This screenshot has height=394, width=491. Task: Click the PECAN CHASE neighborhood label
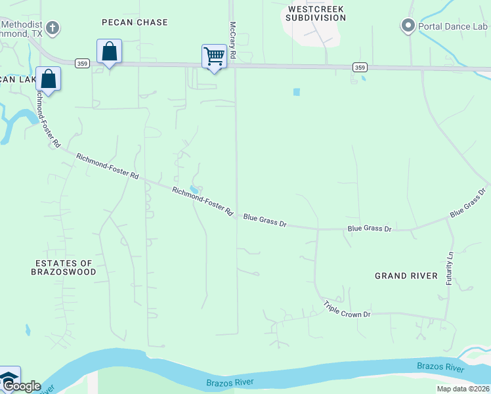[135, 22]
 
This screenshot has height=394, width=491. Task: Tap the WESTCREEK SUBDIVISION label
[316, 13]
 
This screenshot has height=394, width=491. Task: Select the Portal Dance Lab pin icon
[408, 27]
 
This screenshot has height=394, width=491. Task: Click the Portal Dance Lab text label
[454, 27]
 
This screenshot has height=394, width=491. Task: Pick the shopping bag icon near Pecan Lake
[49, 78]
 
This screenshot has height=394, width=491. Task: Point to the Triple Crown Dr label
[347, 309]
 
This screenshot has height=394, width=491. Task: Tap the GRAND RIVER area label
[406, 276]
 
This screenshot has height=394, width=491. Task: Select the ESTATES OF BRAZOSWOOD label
[65, 267]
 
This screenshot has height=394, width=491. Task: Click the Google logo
[21, 386]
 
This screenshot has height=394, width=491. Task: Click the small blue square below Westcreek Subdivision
[297, 92]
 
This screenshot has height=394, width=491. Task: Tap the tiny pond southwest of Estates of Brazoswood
[27, 330]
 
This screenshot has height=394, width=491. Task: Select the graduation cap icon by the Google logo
[8, 377]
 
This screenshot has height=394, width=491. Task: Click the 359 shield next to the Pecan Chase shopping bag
[82, 63]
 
